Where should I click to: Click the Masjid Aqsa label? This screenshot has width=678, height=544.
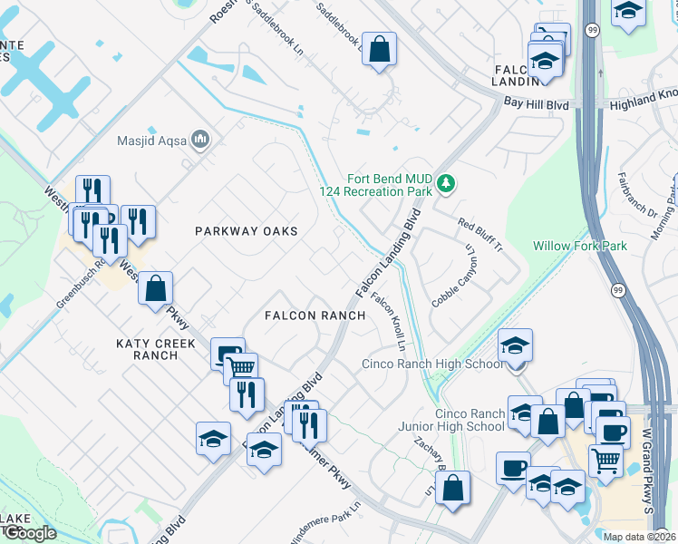click(151, 141)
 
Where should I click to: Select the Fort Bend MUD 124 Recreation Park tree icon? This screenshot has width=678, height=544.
click(445, 184)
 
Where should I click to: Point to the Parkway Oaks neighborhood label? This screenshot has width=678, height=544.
click(247, 231)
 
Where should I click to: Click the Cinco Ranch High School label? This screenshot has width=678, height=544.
click(432, 364)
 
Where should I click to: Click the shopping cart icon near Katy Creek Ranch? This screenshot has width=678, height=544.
click(240, 368)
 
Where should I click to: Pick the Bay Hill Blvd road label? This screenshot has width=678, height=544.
click(537, 105)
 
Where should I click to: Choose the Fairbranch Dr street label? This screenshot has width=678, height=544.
click(637, 195)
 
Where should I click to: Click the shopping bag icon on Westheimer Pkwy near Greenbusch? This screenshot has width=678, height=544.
click(156, 287)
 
